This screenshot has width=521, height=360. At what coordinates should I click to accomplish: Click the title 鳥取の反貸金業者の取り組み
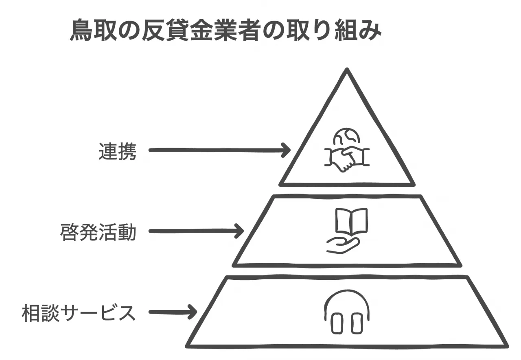pyautogui.click(x=226, y=31)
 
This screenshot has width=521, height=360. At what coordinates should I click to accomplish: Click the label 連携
pyautogui.click(x=117, y=151)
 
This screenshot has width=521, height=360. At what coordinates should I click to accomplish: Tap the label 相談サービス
pyautogui.click(x=78, y=313)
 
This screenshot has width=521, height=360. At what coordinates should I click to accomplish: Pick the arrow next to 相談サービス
pyautogui.click(x=173, y=313)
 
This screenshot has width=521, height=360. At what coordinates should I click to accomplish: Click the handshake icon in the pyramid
pyautogui.click(x=346, y=159)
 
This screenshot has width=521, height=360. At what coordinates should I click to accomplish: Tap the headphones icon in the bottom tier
pyautogui.click(x=347, y=312)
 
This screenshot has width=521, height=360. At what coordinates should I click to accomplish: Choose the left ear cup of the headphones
pyautogui.click(x=337, y=323)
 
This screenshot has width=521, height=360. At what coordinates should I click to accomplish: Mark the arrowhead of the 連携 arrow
pyautogui.click(x=286, y=150)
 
